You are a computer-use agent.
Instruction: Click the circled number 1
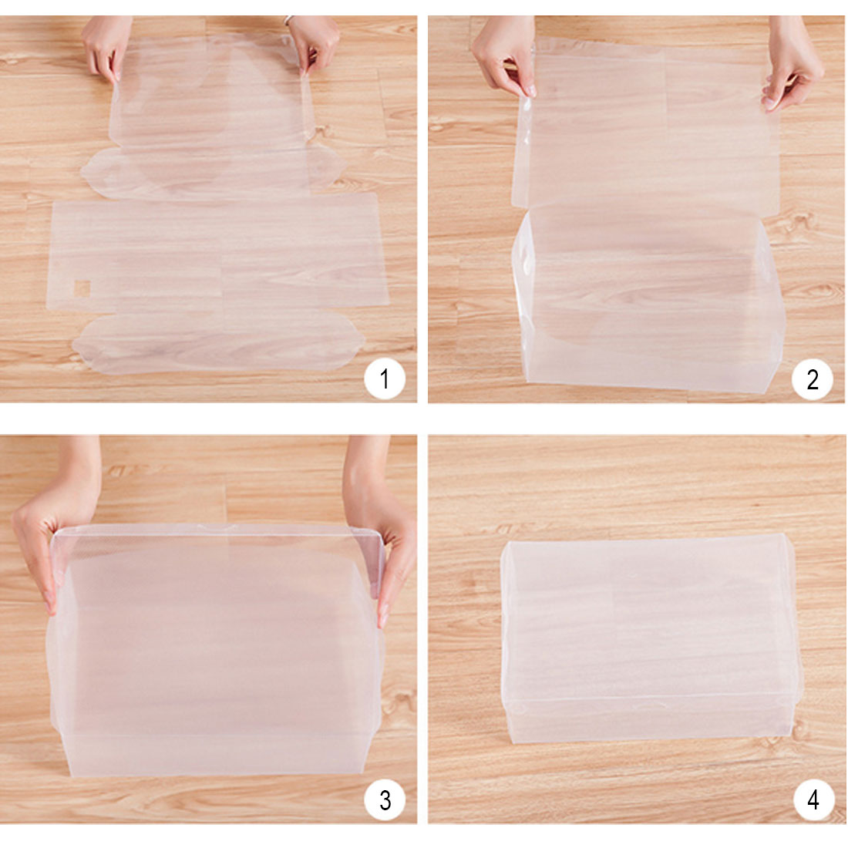(x=385, y=379)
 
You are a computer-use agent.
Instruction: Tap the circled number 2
(x=812, y=379)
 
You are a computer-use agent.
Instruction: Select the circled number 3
(x=385, y=800)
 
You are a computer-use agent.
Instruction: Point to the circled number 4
(x=813, y=800)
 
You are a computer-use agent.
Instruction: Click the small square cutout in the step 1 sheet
(x=82, y=288)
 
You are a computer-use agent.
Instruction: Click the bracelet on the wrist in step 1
(x=289, y=20)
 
